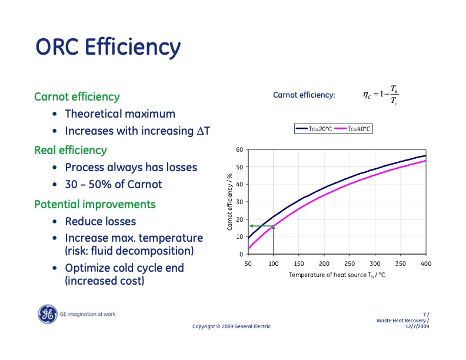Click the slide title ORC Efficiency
point(108,46)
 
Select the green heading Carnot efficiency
point(77,96)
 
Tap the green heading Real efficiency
point(71,151)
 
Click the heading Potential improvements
point(95,205)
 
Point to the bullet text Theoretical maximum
point(120,114)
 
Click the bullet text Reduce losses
point(100,222)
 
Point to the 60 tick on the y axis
point(239,150)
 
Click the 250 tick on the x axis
point(349,264)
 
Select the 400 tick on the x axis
point(425,264)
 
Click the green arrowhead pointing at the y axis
point(251,226)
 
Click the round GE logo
point(46,315)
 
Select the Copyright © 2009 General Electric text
point(232,326)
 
